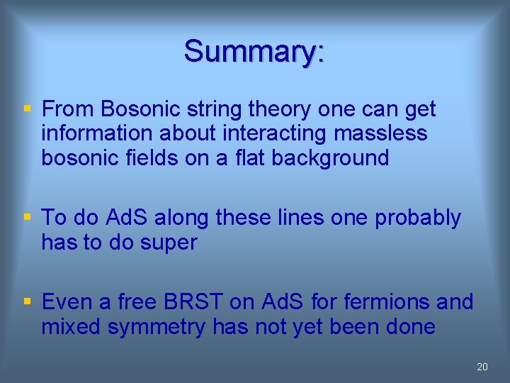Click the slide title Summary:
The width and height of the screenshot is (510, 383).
pyautogui.click(x=254, y=51)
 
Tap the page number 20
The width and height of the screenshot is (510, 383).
pyautogui.click(x=482, y=367)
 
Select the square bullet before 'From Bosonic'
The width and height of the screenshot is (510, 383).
pyautogui.click(x=27, y=109)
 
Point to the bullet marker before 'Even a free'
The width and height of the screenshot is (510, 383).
pyautogui.click(x=27, y=302)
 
